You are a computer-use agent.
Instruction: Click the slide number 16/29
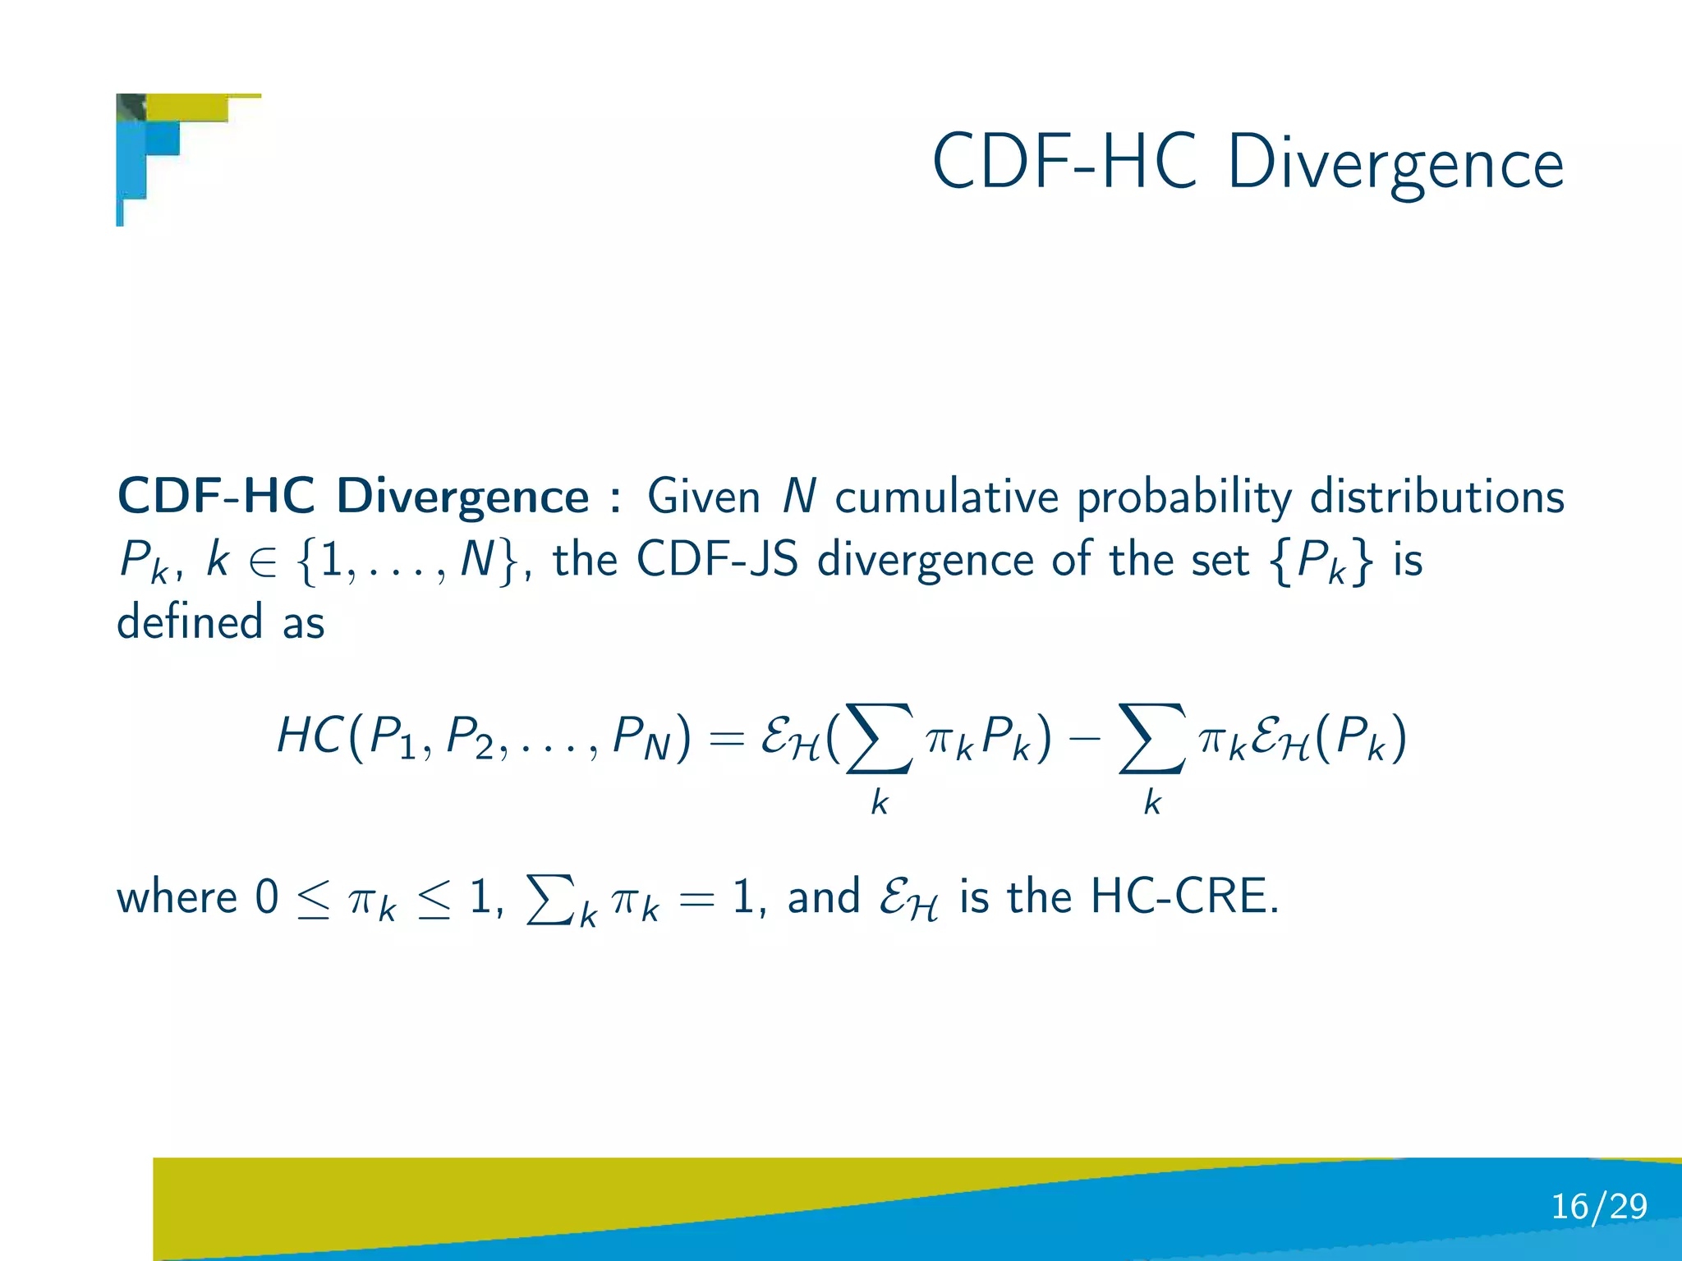tap(1598, 1206)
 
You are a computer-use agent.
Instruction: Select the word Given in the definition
tap(704, 498)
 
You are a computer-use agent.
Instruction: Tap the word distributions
tap(1436, 498)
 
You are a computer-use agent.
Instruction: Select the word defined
tap(190, 621)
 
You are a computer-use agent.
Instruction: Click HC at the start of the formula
tap(309, 735)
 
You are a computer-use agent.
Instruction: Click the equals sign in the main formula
tap(725, 737)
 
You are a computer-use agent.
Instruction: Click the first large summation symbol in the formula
tap(879, 738)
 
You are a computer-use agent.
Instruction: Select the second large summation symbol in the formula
tap(1151, 738)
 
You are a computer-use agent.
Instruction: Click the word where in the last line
tap(177, 896)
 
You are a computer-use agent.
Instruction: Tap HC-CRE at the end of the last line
tap(1183, 896)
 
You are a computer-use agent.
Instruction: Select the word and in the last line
tap(823, 896)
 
